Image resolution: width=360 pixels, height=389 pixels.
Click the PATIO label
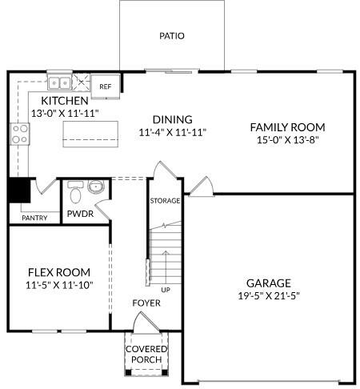(171, 36)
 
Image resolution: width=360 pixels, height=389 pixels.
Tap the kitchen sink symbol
(58, 82)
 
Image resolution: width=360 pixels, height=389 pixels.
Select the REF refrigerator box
(106, 86)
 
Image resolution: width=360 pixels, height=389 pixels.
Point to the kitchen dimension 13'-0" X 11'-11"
(64, 114)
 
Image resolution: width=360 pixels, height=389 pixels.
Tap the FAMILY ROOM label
(288, 127)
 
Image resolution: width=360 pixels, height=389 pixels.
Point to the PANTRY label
(34, 218)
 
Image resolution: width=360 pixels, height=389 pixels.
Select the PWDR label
(81, 215)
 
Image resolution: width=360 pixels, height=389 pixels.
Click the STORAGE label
(166, 200)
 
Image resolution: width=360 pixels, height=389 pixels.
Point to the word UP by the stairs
(166, 289)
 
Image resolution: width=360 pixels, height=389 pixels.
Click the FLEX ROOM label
(59, 271)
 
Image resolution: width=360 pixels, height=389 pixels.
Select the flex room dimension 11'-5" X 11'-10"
(59, 286)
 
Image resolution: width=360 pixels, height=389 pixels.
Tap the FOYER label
(146, 303)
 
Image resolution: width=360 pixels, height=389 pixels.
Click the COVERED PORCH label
(146, 355)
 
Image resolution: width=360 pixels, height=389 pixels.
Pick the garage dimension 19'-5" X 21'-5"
(269, 295)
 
